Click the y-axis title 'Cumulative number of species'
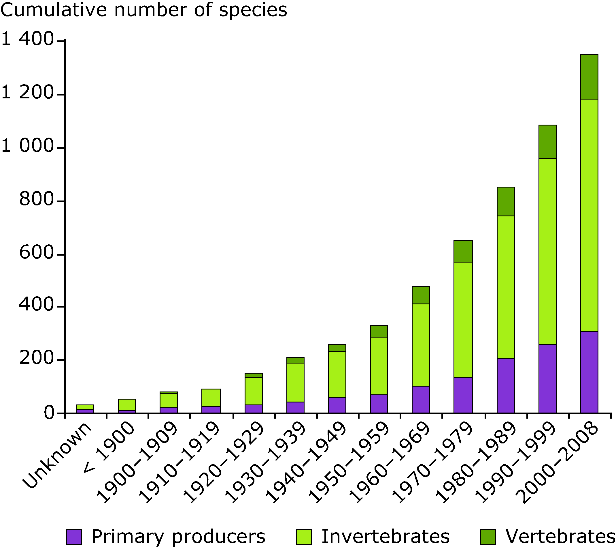[144, 10]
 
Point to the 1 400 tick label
[28, 40]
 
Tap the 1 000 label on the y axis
[28, 147]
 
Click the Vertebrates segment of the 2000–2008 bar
[589, 77]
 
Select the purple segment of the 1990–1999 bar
[547, 378]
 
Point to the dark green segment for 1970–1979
[463, 251]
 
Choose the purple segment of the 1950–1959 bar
[379, 404]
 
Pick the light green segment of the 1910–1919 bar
[211, 397]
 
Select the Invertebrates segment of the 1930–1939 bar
[295, 382]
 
